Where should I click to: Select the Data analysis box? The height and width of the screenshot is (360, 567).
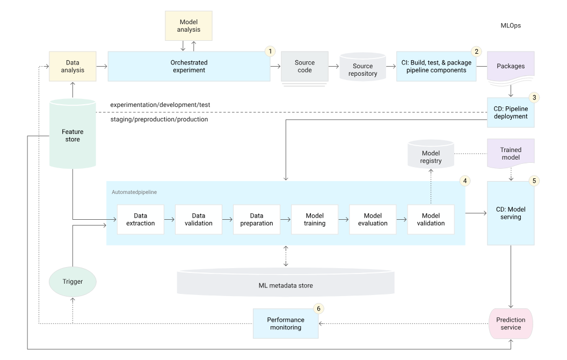click(x=72, y=66)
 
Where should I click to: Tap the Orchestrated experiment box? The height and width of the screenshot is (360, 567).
click(x=188, y=66)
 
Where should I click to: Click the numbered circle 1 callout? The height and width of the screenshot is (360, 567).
click(x=271, y=51)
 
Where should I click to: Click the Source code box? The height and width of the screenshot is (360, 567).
click(x=304, y=66)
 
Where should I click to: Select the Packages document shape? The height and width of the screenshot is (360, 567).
click(x=511, y=67)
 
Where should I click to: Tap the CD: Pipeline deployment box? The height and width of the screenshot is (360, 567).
click(x=510, y=112)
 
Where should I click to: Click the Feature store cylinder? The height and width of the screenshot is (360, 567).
click(x=72, y=135)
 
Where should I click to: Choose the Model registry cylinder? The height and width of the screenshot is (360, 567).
click(x=431, y=156)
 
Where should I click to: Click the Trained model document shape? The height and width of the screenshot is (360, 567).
click(x=511, y=153)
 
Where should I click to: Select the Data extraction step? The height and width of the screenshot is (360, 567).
click(x=140, y=219)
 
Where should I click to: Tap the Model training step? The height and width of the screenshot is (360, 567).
click(x=315, y=219)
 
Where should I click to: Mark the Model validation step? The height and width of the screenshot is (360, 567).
click(x=431, y=219)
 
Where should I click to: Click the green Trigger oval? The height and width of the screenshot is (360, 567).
click(x=72, y=281)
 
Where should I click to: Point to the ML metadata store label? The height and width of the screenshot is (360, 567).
click(x=286, y=285)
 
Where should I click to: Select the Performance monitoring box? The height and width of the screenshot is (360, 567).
click(x=286, y=323)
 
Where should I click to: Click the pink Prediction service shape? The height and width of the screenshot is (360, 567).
click(x=511, y=323)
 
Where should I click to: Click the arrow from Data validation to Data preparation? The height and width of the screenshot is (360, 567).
click(x=228, y=219)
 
